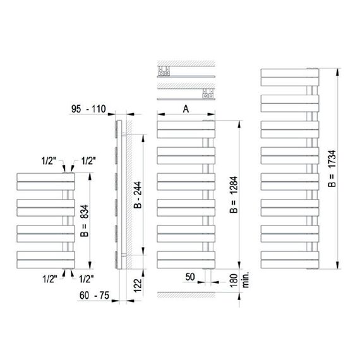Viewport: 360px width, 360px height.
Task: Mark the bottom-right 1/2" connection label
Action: point(86,278)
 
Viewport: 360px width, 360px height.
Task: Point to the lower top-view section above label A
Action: point(183,96)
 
